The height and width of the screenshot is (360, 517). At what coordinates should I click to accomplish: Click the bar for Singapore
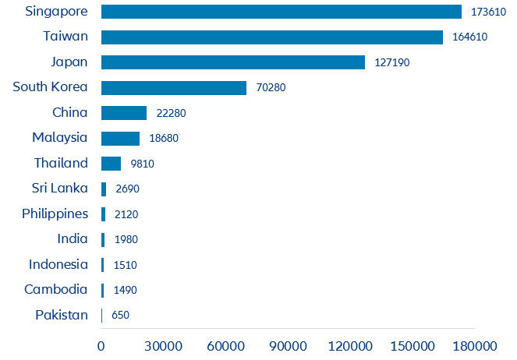pos(282,12)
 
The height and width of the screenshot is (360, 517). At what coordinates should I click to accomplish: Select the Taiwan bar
pos(272,37)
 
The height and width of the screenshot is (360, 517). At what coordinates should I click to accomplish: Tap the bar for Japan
pos(233,62)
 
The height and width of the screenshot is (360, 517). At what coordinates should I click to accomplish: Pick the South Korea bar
pos(174,87)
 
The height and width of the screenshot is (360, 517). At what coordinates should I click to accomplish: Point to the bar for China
pos(124,113)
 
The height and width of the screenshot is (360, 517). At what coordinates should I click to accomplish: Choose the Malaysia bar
pos(120,138)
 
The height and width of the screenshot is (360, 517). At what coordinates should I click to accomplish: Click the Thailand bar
pos(111,164)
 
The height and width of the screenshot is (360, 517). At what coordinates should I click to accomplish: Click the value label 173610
pos(488,12)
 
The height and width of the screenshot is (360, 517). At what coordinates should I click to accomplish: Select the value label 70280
pos(271,88)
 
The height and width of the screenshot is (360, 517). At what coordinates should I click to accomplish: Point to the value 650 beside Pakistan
pos(120,316)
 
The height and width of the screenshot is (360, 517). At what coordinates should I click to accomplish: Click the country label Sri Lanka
pos(60,189)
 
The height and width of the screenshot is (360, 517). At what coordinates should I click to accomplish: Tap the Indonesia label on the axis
pos(58,264)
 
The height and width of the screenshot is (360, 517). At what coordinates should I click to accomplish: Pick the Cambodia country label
pos(56,290)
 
